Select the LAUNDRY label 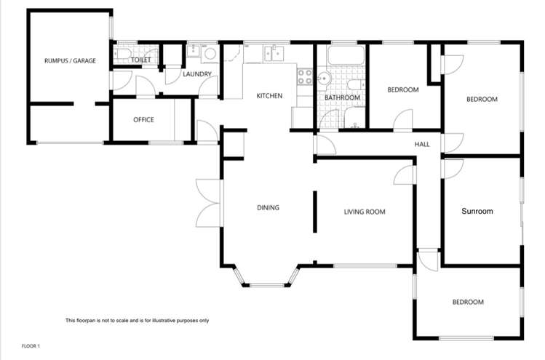click(197, 73)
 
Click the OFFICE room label click(143, 120)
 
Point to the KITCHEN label click(268, 96)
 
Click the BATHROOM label click(342, 97)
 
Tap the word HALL click(422, 144)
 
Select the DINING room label click(268, 208)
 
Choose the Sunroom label click(477, 212)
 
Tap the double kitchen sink click(277, 52)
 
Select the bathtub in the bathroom click(345, 56)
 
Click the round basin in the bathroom click(325, 79)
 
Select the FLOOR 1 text click(31, 346)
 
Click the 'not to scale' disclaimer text click(137, 321)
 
